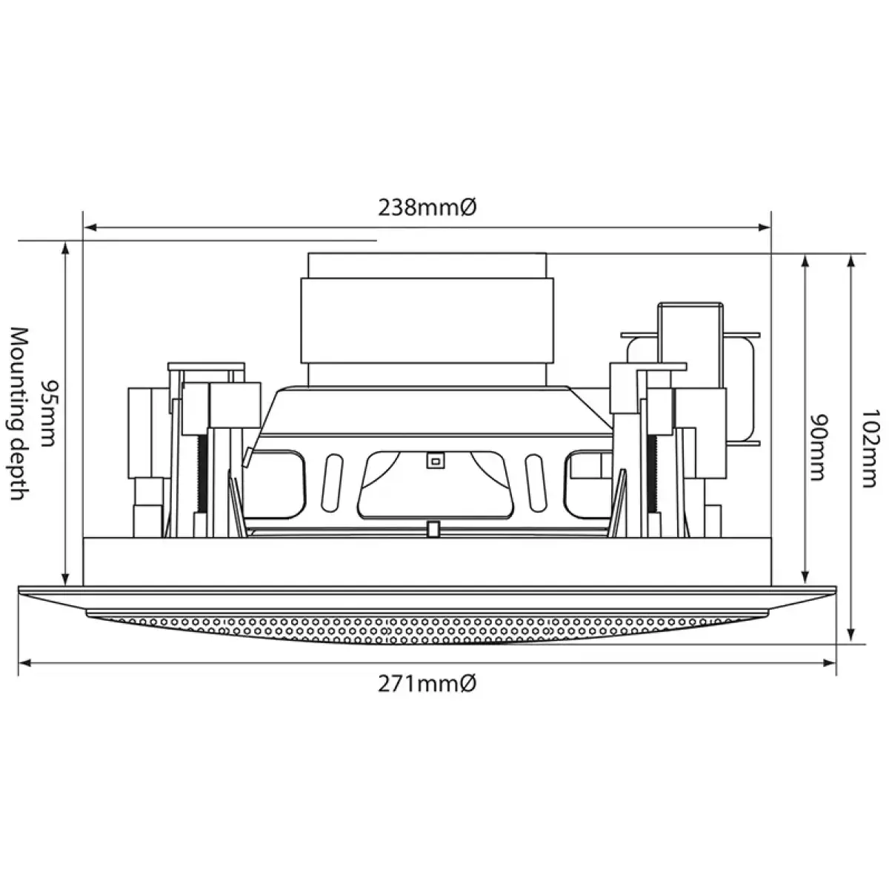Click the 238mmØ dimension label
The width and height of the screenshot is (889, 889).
point(427,208)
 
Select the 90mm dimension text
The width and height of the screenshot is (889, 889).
point(820,447)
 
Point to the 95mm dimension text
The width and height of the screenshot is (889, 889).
point(48,413)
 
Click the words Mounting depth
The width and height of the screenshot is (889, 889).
point(20,414)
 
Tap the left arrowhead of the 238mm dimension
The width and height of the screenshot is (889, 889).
point(90,227)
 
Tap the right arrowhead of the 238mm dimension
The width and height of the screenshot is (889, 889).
point(765,227)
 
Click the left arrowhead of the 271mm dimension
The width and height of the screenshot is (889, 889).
point(25,663)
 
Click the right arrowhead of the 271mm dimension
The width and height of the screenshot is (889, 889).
point(830,663)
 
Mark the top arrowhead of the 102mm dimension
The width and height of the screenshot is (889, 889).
point(852,261)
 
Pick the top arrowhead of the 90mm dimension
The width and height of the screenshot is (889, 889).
point(805,261)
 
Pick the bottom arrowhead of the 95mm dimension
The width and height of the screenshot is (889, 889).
point(65,579)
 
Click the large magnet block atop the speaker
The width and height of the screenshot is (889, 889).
point(427,320)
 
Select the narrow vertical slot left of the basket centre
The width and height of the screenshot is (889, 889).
point(332,482)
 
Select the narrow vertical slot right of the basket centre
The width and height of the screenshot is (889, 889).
point(534,482)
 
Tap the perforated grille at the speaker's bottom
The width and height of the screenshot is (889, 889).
point(427,628)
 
